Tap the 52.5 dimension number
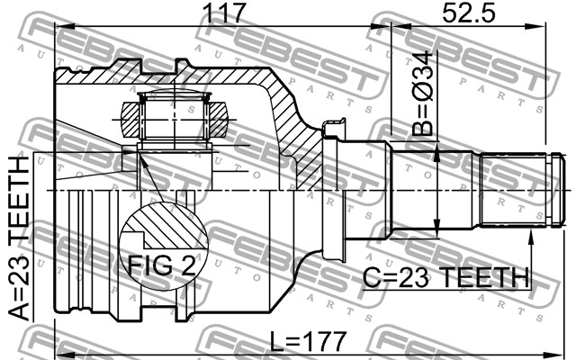pyautogui.click(x=468, y=13)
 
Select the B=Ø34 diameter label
pyautogui.click(x=422, y=94)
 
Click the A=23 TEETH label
pyautogui.click(x=19, y=238)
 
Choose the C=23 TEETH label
pyautogui.click(x=446, y=277)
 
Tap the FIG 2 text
pyautogui.click(x=162, y=265)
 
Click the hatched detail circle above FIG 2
pyautogui.click(x=164, y=246)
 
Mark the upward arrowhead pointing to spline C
pyautogui.click(x=530, y=238)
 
